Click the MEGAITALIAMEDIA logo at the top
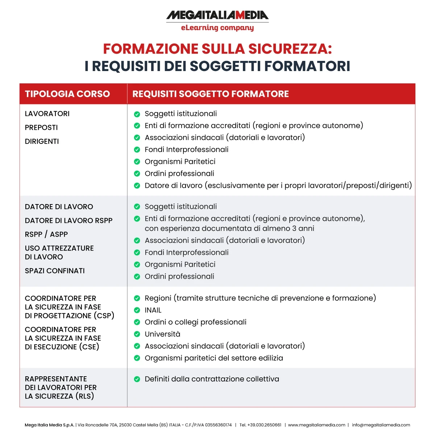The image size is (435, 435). [x=217, y=15]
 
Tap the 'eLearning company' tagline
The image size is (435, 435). [x=217, y=28]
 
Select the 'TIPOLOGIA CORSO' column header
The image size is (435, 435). [x=67, y=94]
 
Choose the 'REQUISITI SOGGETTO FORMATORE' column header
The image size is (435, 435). [x=211, y=94]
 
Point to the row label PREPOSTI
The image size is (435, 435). [x=41, y=128]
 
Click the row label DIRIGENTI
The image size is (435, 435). [x=42, y=141]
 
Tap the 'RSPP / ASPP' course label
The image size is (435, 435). [x=46, y=235]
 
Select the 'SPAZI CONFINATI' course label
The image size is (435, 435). [x=55, y=271]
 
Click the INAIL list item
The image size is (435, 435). [x=153, y=310]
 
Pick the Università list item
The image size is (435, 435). [x=162, y=334]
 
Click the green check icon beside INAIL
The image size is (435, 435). [x=137, y=310]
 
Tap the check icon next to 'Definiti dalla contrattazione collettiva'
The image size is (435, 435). [x=137, y=379]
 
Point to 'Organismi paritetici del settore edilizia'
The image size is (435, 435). [x=214, y=358]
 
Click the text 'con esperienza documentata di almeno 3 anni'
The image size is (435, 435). [x=229, y=228]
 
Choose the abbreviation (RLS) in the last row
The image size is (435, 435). [x=85, y=396]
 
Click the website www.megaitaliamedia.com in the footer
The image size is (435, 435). [x=316, y=425]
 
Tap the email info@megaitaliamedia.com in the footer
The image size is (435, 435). [x=381, y=425]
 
